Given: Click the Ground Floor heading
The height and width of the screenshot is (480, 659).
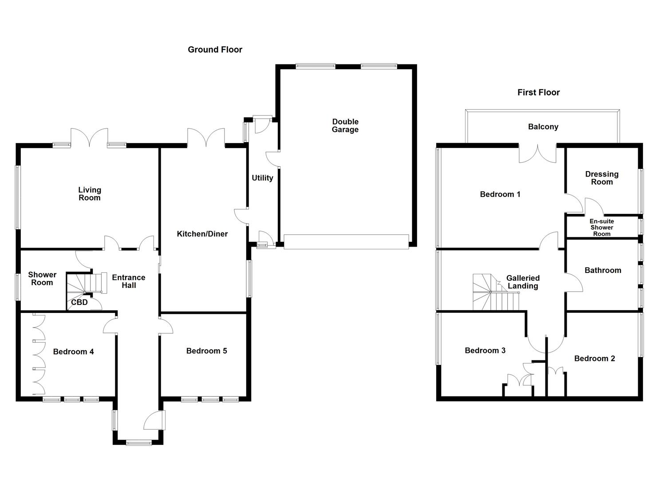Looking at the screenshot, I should click(215, 50).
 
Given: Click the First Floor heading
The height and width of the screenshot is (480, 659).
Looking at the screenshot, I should click(538, 92).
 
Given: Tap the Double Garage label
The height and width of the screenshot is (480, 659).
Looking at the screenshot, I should click(345, 126).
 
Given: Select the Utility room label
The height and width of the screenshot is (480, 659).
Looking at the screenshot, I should click(262, 178).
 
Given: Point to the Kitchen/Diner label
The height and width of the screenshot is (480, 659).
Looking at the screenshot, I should click(202, 234).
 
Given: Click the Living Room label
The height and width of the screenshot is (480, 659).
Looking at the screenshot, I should click(90, 194).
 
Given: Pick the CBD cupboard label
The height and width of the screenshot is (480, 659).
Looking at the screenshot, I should click(79, 302).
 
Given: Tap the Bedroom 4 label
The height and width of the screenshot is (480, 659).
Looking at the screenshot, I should click(73, 352).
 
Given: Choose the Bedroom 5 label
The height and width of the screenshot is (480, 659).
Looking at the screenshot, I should click(206, 351).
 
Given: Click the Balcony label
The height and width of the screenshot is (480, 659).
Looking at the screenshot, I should click(543, 127).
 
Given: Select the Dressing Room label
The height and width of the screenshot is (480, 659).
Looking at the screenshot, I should click(602, 178).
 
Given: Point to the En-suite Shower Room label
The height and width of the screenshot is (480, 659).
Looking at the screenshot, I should click(602, 228).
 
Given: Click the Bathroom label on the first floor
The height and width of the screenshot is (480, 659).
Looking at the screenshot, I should click(603, 270).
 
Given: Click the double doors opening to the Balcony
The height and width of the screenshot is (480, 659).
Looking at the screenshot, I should click(538, 153).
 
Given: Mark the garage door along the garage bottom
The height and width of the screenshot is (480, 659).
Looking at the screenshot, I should click(346, 242).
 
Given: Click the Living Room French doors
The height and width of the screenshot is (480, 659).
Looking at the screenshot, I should click(89, 138).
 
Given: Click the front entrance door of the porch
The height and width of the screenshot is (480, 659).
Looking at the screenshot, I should click(154, 420).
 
